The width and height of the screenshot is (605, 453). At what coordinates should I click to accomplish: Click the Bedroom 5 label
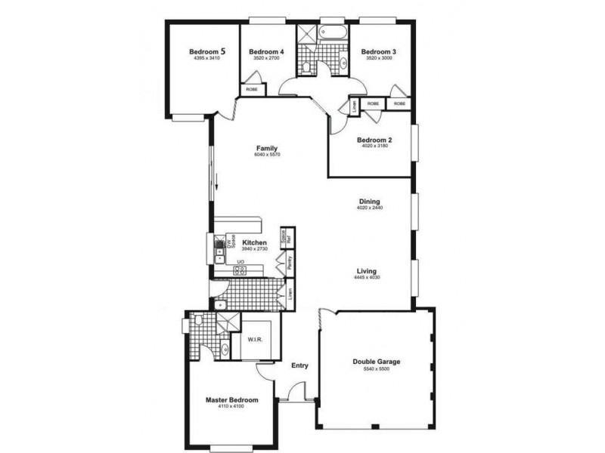[206, 51]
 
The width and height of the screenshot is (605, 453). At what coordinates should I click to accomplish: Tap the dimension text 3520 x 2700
[265, 58]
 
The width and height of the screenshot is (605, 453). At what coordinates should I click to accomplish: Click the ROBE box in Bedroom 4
[252, 90]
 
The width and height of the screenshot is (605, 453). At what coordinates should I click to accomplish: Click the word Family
[267, 148]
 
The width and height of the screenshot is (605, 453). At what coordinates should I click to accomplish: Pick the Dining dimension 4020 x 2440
[370, 208]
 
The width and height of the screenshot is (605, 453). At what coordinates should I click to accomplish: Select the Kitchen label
[255, 242]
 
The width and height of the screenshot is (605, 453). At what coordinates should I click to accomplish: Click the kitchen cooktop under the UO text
[240, 270]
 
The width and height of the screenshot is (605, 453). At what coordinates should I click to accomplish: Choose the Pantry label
[290, 263]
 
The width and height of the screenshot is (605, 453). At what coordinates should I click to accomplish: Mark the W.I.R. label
[255, 339]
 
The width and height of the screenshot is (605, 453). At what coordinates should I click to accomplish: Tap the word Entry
[300, 366]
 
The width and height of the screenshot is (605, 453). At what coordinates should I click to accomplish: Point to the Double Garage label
[377, 362]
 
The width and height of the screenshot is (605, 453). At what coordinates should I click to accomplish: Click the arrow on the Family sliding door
[217, 181]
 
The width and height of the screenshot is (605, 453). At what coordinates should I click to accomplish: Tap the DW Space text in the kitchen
[232, 243]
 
